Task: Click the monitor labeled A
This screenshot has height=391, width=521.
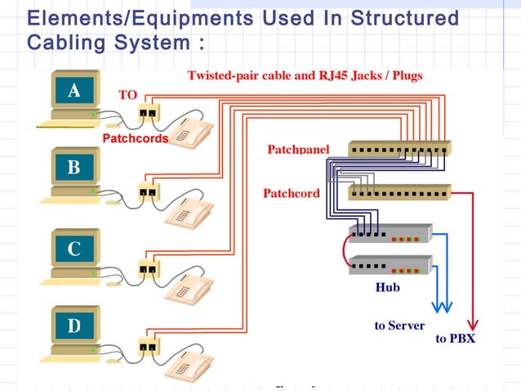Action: coord(73,92)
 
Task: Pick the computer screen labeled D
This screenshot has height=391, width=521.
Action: coord(73,326)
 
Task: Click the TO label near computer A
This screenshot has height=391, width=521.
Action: coord(128,95)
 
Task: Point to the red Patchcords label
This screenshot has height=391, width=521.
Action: coord(135,138)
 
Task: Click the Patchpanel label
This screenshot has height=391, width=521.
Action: coord(298,150)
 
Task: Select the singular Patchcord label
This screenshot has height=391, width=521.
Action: coord(291,194)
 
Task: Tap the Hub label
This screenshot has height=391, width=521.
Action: coord(387,288)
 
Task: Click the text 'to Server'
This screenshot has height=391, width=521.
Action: coord(399,326)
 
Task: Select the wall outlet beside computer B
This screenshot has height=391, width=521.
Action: coord(148,193)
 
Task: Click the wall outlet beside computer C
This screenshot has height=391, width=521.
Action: coord(148,268)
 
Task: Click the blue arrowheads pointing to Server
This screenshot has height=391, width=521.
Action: coord(443,306)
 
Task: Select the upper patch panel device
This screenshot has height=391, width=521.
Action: coord(399,150)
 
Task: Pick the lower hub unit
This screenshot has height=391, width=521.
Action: coord(390,265)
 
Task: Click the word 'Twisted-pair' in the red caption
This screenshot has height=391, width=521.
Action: coord(225,76)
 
